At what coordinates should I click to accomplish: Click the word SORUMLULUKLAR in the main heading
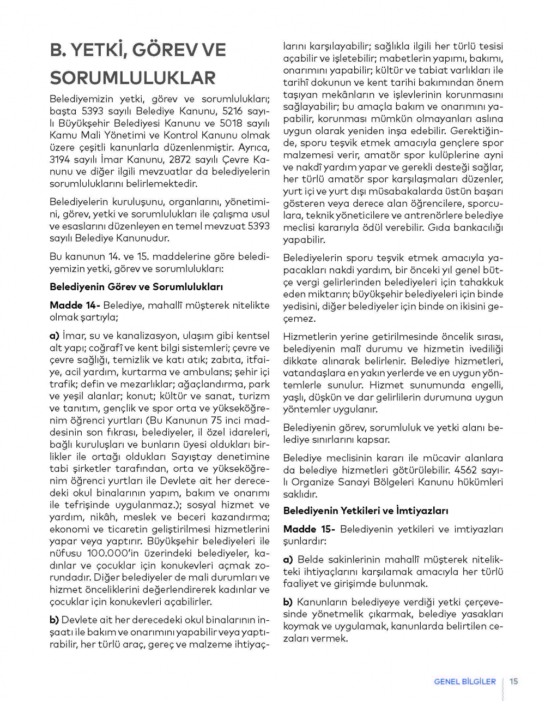coord(132,77)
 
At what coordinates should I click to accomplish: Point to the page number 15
coord(513,681)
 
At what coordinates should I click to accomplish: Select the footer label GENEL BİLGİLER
coord(465,681)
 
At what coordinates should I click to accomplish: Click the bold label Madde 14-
coord(75,305)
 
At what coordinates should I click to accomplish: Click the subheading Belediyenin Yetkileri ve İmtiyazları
coord(365,511)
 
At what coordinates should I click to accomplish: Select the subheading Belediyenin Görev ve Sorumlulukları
coord(136,287)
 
